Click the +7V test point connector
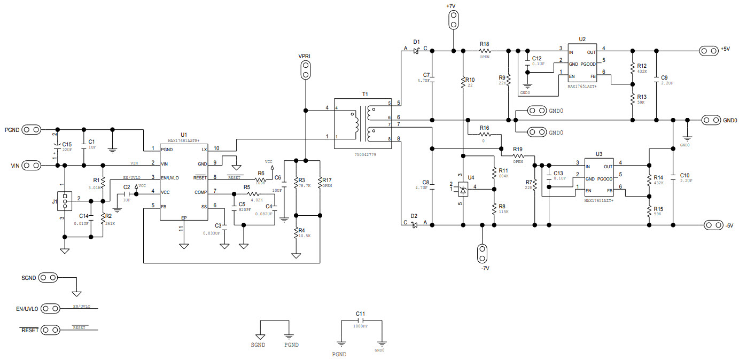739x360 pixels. pos(453,20)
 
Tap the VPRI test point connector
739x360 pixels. pos(305,69)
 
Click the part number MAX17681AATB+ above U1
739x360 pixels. pos(184,140)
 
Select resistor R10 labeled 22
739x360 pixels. pos(463,82)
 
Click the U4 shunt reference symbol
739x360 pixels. pos(463,188)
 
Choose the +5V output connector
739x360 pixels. pos(709,51)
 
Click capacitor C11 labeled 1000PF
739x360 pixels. pos(360,320)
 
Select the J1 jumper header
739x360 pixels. pos(65,201)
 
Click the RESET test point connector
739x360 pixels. pos(50,330)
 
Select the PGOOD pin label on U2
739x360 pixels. pos(589,64)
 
